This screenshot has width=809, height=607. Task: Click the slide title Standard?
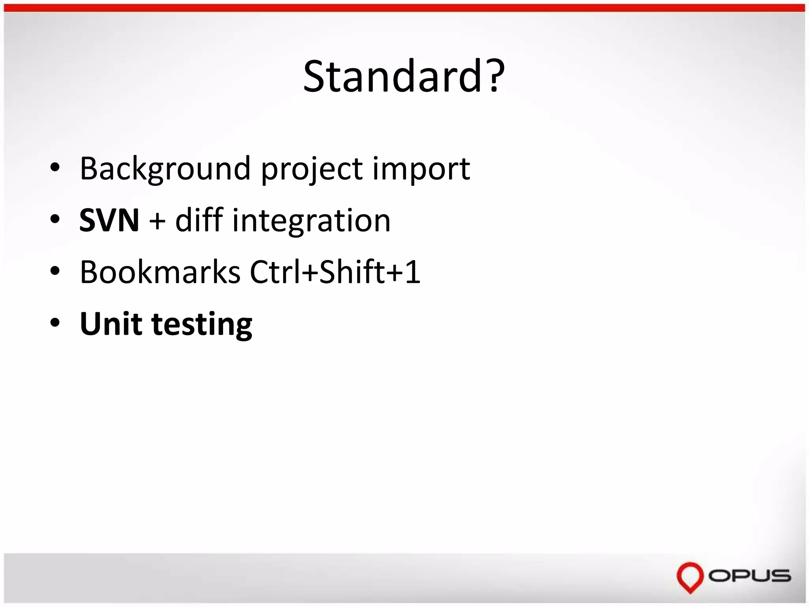[x=404, y=76]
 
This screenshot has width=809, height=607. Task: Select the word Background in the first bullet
[x=165, y=169]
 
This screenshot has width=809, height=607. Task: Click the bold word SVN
[x=109, y=220]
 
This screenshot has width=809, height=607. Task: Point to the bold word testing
[x=202, y=325]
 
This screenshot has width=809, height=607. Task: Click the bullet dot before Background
[x=55, y=168]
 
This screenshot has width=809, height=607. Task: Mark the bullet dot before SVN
[x=55, y=219]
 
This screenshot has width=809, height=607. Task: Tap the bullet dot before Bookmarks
[x=55, y=271]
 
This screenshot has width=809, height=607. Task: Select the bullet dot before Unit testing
[x=55, y=323]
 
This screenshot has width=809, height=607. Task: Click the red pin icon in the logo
[x=690, y=577]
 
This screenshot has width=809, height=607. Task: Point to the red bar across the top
[x=404, y=8]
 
